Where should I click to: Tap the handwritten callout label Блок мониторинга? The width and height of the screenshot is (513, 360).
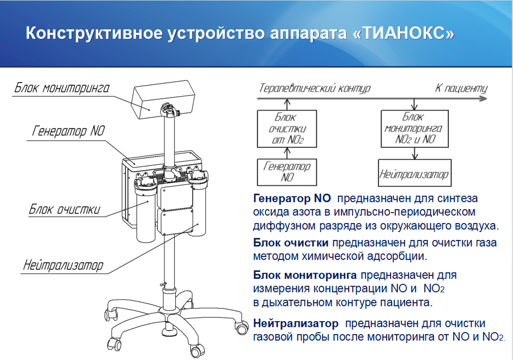click(x=62, y=88)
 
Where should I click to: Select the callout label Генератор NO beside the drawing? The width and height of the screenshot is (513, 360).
click(x=68, y=131)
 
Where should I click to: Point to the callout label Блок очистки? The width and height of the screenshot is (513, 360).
click(x=64, y=209)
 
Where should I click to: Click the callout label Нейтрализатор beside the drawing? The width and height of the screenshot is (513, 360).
click(x=63, y=265)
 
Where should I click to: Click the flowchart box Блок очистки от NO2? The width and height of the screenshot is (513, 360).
click(x=287, y=129)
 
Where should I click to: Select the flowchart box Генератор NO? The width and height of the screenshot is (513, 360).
click(x=287, y=172)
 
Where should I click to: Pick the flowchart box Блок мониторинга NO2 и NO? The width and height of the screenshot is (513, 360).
click(x=414, y=129)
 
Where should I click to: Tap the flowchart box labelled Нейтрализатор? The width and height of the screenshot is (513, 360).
click(x=414, y=173)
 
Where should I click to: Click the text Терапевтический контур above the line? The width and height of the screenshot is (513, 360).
click(x=315, y=88)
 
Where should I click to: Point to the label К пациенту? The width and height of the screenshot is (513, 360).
click(x=461, y=88)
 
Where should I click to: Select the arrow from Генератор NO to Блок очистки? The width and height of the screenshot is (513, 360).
click(x=287, y=153)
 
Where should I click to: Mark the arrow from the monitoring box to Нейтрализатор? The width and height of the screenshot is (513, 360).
click(x=415, y=153)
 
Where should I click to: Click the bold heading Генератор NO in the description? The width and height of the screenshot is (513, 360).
click(x=292, y=199)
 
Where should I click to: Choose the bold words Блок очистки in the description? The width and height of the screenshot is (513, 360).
click(x=291, y=242)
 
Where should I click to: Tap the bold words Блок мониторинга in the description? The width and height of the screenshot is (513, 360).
click(x=305, y=275)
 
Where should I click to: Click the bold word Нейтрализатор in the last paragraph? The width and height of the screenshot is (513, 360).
click(x=296, y=324)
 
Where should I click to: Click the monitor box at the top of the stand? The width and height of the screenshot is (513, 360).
click(x=163, y=100)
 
